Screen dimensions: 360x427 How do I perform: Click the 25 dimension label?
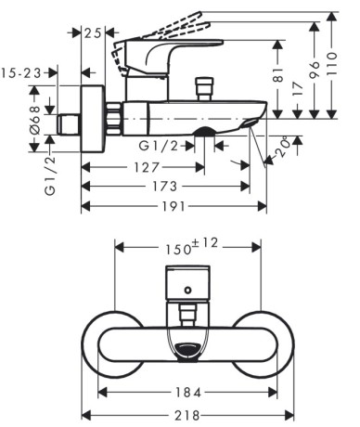click(93, 32)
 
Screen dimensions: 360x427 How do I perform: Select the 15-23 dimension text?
click(21, 73)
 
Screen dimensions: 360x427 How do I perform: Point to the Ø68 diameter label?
click(35, 120)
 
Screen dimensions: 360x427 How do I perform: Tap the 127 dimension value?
click(146, 167)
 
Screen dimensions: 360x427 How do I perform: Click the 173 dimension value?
click(165, 187)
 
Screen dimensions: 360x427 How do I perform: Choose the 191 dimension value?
click(174, 206)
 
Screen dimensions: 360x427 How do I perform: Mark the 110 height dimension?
click(331, 64)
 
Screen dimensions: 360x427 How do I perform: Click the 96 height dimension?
click(314, 70)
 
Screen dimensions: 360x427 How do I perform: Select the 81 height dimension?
click(278, 74)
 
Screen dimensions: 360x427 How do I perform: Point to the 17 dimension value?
click(297, 89)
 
